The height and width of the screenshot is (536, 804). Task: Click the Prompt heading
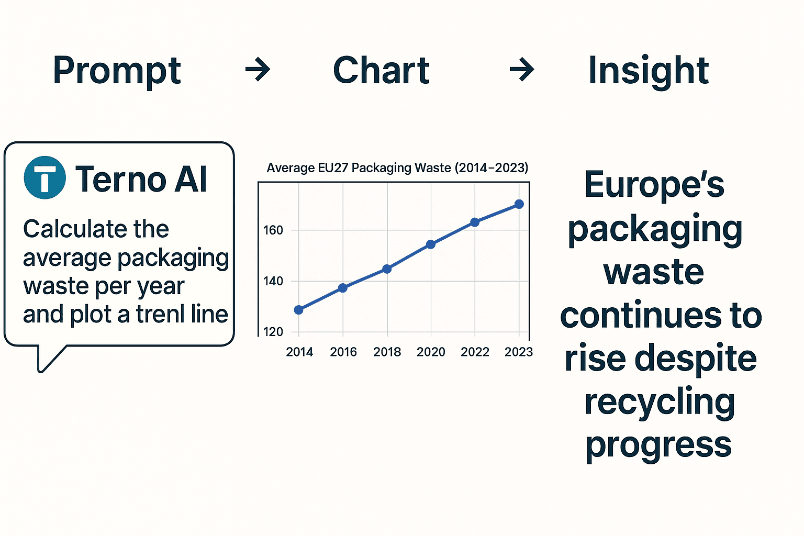click(117, 71)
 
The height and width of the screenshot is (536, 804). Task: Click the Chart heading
click(381, 71)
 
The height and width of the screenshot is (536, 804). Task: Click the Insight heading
click(648, 71)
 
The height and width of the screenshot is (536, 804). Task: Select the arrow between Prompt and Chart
click(258, 70)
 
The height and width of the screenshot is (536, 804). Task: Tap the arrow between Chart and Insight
click(522, 70)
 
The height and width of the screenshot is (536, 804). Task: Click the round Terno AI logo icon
click(45, 177)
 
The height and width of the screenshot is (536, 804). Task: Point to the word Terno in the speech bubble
click(121, 179)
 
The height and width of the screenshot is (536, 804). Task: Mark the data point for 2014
click(299, 310)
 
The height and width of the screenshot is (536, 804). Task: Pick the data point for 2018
click(387, 269)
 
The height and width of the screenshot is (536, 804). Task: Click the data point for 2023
click(519, 204)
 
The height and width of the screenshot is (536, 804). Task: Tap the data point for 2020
click(431, 244)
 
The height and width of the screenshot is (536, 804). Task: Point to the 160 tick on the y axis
click(273, 230)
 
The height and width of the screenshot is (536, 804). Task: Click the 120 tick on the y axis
click(273, 332)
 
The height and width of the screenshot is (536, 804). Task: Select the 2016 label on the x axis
click(343, 352)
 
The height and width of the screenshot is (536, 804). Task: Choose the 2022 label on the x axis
click(475, 352)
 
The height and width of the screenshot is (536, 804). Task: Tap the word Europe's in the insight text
click(654, 185)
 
